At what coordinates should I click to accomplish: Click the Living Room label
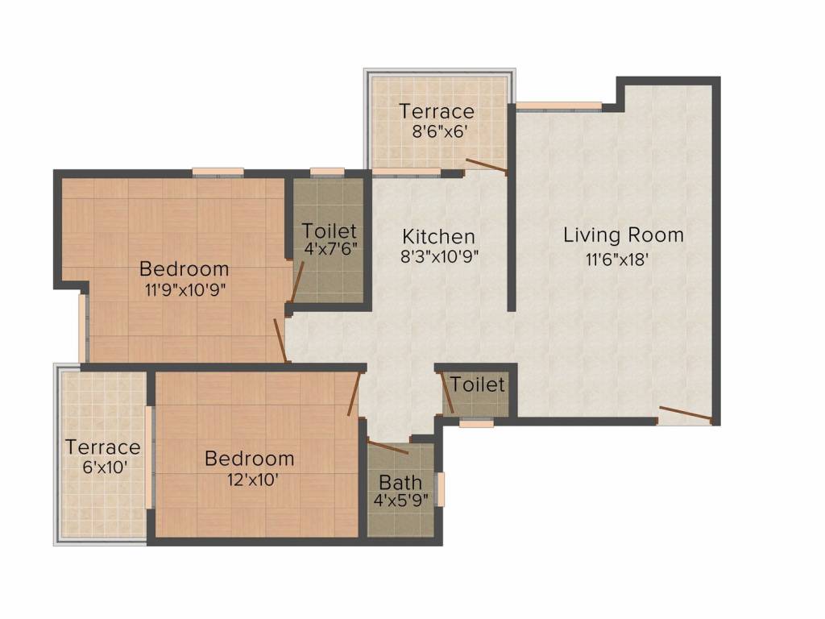tap(624, 235)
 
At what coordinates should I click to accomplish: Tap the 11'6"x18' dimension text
tap(616, 259)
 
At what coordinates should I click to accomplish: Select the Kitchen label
tap(439, 236)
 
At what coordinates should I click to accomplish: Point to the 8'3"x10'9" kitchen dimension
tap(439, 257)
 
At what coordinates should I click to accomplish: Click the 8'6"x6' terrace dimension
tap(440, 131)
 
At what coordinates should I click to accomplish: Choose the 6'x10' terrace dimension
tap(106, 467)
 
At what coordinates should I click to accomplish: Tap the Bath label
tap(400, 482)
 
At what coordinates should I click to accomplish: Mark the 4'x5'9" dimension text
tap(401, 500)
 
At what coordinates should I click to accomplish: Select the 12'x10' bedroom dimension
tap(250, 480)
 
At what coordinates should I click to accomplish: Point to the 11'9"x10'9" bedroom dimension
tap(186, 289)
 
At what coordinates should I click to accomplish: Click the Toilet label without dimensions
tap(477, 384)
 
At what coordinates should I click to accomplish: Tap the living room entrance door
tap(686, 415)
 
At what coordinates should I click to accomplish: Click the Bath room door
tap(388, 447)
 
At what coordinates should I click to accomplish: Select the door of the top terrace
tap(487, 164)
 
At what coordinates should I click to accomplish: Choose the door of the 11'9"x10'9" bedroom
tap(281, 341)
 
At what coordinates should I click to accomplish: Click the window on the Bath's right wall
tap(442, 489)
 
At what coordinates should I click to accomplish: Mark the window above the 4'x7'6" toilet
tap(327, 172)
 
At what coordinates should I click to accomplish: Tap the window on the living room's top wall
tap(559, 106)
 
